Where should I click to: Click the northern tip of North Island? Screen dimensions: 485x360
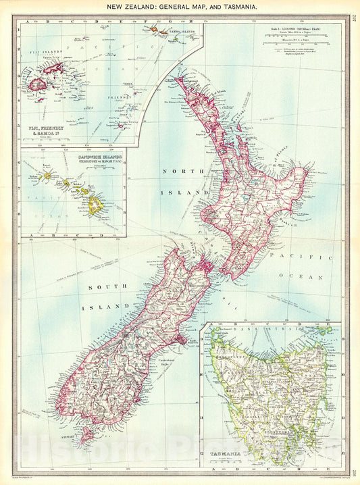click(x=177, y=79)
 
